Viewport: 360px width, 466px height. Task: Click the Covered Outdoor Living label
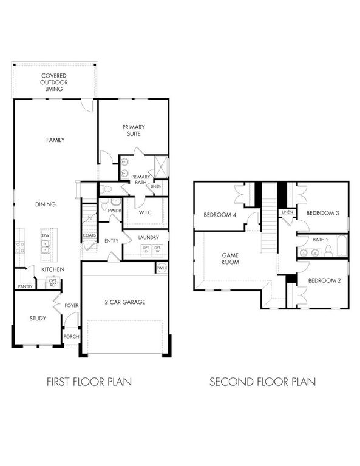[54, 82]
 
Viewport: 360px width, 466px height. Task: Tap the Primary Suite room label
[134, 130]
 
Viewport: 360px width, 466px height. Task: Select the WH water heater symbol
[161, 268]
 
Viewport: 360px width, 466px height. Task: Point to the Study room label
[38, 318]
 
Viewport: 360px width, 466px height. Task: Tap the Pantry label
[25, 286]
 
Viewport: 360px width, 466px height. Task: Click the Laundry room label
[149, 238]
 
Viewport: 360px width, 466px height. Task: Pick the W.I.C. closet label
[145, 212]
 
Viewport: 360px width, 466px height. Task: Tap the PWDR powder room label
[115, 210]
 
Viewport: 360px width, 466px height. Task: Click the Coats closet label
[89, 235]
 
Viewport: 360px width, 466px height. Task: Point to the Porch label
[72, 336]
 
